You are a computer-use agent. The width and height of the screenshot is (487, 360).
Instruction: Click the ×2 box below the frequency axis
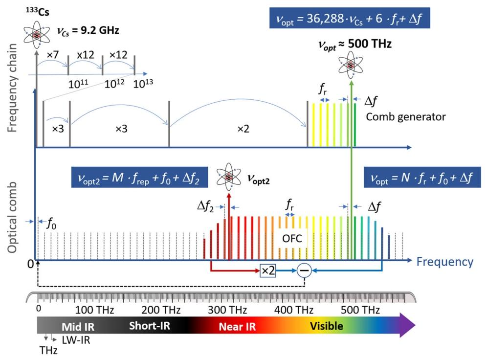pos(268,270)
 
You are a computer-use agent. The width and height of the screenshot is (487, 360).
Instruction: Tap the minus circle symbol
pos(304,270)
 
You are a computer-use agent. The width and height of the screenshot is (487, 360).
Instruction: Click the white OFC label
pos(292,239)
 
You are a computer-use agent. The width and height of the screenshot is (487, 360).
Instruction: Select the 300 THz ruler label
pos(227,310)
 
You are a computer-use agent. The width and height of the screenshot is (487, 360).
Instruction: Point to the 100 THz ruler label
pos(94,310)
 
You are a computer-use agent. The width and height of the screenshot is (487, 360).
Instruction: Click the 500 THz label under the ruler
pos(360,310)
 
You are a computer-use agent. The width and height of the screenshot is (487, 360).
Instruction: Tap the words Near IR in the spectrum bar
pos(237,327)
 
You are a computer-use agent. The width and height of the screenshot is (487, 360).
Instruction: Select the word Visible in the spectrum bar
pos(327,326)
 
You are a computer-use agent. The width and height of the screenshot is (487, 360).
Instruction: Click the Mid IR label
pos(78,327)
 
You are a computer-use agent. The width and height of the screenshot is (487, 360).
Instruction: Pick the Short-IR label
pos(150,326)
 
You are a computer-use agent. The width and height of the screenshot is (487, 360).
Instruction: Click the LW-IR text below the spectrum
pos(76,340)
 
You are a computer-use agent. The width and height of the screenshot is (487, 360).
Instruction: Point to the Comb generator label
pos(406,117)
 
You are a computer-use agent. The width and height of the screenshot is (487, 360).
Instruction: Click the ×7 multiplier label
pos(52,55)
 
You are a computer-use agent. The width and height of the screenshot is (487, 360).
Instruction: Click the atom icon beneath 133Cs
pos(37,34)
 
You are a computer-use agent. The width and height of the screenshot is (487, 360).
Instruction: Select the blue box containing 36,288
pos(350,18)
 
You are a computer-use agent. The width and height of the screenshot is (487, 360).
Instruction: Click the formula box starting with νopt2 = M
pos(139,178)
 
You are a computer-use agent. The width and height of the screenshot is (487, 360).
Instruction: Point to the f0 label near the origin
pos(51,224)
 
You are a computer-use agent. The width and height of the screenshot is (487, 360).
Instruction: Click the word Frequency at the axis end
pos(445,262)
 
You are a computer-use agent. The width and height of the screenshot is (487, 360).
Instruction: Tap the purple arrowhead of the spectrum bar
pos(406,325)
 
